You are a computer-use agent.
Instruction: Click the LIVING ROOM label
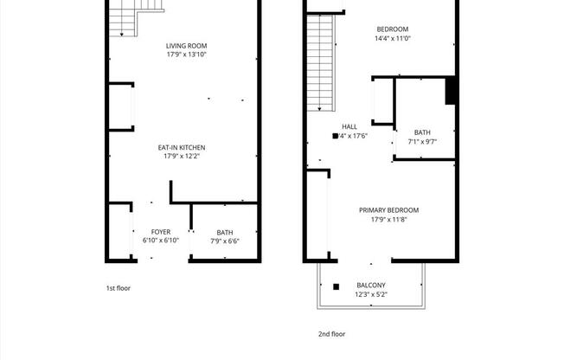click(186, 46)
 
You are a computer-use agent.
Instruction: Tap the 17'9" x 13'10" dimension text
click(186, 55)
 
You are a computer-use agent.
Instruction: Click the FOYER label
click(161, 232)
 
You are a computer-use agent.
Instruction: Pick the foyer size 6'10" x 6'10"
click(161, 241)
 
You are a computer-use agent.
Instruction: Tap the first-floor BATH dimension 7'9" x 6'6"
click(225, 241)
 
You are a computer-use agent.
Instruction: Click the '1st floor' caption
click(118, 288)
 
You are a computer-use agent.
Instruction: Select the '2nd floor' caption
click(331, 333)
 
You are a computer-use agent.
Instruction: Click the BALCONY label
click(371, 286)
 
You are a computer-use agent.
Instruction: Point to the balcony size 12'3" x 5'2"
click(371, 294)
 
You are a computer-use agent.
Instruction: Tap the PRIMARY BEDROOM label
click(389, 210)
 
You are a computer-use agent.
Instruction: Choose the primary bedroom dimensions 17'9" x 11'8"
click(389, 219)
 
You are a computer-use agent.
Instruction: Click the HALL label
click(349, 126)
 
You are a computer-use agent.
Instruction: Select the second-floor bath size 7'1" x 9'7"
click(422, 141)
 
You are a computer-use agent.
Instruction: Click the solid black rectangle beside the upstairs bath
click(451, 91)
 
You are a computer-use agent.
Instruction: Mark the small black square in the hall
click(335, 136)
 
